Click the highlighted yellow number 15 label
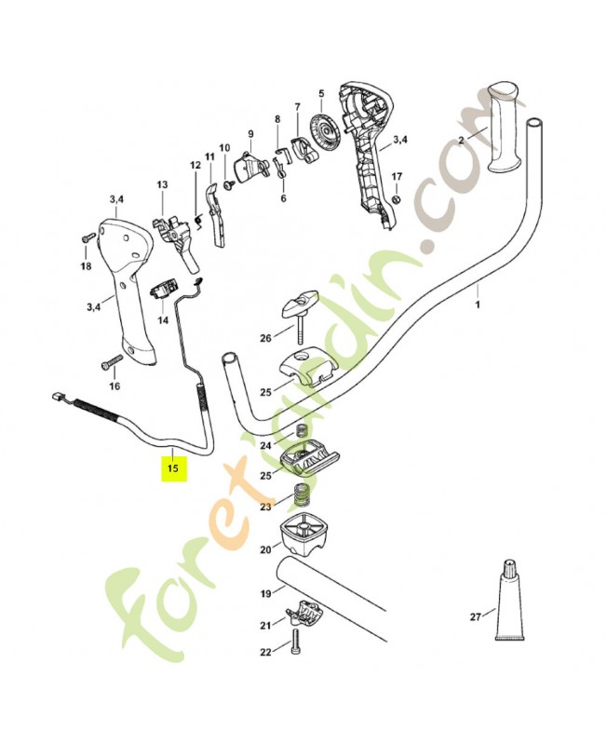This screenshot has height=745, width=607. click(172, 468)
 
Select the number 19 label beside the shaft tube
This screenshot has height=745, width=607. click(265, 593)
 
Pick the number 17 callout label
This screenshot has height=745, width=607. click(397, 177)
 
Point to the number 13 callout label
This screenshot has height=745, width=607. click(161, 185)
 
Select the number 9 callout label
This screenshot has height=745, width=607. click(250, 133)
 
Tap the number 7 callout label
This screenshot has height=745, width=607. click(297, 107)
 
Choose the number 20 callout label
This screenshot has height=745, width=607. click(265, 549)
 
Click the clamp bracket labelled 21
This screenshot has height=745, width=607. click(305, 615)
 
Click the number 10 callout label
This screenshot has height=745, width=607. click(223, 148)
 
